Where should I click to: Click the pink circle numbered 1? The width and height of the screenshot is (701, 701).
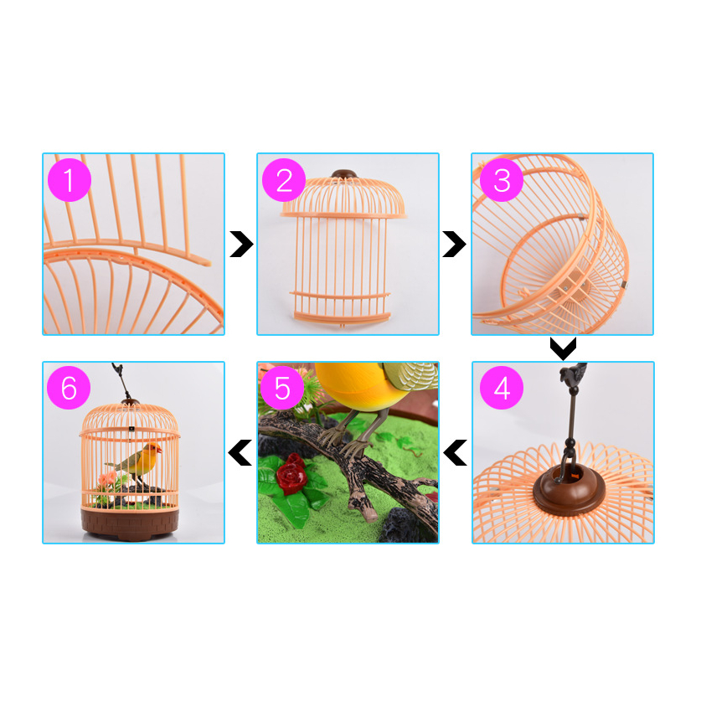coord(70,180)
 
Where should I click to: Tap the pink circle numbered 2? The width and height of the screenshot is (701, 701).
coord(284,180)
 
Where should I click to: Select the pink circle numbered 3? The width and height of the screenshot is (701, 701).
coord(502,180)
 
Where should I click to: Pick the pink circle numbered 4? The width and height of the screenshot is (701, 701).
coord(502,388)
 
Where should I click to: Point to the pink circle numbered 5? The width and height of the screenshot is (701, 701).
coord(282,388)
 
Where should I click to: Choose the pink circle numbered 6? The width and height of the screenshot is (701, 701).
coord(69,388)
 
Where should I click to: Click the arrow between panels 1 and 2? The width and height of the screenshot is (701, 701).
coord(242,244)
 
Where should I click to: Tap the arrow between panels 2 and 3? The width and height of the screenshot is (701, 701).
coord(454,244)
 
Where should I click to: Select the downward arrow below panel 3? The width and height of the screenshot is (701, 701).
coord(564,349)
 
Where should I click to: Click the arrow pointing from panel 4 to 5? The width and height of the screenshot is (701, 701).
coord(455,452)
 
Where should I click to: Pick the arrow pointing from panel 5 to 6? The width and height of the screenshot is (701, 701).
coord(240,452)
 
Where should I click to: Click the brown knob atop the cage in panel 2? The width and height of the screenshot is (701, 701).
coord(343,174)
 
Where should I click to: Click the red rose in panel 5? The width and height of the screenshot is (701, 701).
coord(291,474)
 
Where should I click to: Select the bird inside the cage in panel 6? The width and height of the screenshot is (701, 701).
coord(137,461)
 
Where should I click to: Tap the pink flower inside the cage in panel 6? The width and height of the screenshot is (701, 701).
coord(108,478)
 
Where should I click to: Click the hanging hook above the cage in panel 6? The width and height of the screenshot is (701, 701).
coord(122,381)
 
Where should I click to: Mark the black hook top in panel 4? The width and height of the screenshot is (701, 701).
coord(572,372)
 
